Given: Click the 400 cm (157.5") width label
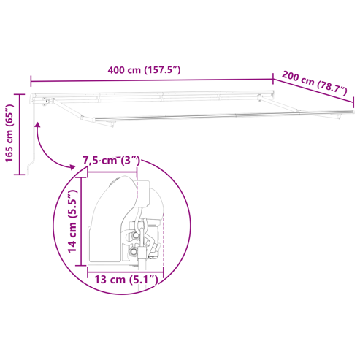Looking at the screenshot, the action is (144, 70).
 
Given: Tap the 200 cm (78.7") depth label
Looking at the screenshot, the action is (315, 83).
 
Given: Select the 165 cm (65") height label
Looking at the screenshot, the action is (9, 133).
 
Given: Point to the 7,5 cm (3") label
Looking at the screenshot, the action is (112, 161).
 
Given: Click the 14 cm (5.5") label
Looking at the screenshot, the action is (72, 221).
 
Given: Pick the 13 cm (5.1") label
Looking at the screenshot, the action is (126, 280).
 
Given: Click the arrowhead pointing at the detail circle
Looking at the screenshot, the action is (72, 167).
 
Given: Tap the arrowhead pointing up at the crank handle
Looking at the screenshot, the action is (37, 125).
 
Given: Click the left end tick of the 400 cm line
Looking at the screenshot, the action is (31, 81).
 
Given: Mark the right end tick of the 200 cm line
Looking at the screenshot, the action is (353, 102).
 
